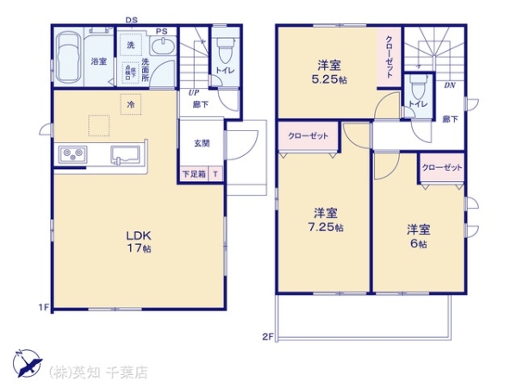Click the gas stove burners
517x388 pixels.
pos(72,154)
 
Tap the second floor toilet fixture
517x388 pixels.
pos(420,87)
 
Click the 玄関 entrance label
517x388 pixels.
pos(202,144)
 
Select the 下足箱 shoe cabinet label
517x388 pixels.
pos(193,173)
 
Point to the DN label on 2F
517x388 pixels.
pos(450,86)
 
